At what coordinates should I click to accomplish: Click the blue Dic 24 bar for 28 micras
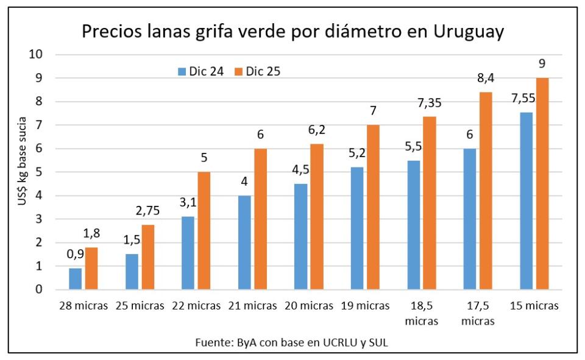(75, 278)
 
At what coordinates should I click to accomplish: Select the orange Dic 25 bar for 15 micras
(542, 183)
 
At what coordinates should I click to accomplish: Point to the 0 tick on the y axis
(38, 289)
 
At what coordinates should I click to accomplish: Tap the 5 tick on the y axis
(38, 172)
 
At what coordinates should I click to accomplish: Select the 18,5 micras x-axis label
(422, 312)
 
